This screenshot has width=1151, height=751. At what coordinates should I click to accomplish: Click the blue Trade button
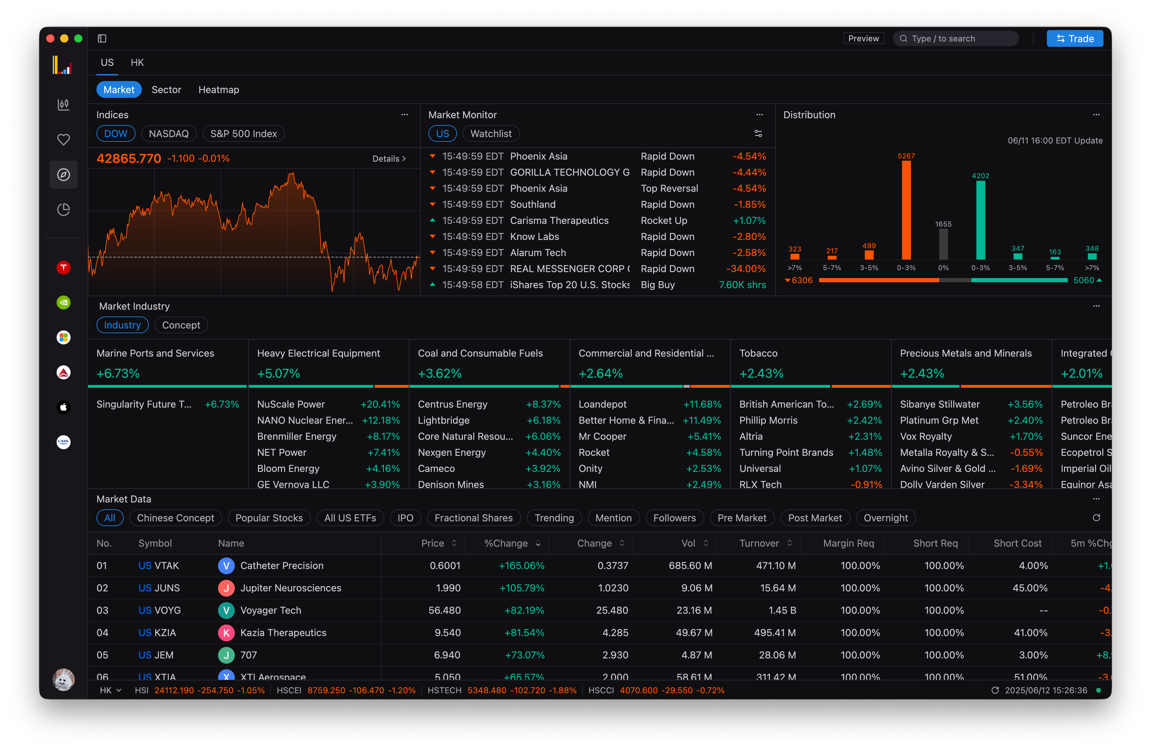click(x=1074, y=39)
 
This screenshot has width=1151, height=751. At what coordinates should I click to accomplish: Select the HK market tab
click(x=137, y=63)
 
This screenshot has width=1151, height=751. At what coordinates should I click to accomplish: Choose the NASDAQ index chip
click(x=168, y=133)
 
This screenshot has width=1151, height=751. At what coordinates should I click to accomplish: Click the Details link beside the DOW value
click(x=388, y=159)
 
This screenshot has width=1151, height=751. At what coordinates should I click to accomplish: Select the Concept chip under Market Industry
click(x=181, y=325)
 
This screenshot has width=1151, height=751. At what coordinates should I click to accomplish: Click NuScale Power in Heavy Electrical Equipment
click(x=291, y=404)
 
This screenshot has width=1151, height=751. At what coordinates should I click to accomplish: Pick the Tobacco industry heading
click(x=758, y=353)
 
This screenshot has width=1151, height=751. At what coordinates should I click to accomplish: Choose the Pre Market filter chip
click(x=741, y=518)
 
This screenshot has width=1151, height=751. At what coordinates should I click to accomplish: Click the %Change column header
click(x=506, y=543)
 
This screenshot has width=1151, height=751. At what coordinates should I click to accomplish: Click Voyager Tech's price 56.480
click(x=444, y=610)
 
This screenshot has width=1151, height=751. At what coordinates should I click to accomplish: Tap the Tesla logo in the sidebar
click(x=63, y=268)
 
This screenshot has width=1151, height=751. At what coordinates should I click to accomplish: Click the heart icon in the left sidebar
click(x=63, y=140)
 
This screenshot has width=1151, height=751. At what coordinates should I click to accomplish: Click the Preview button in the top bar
click(x=863, y=39)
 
